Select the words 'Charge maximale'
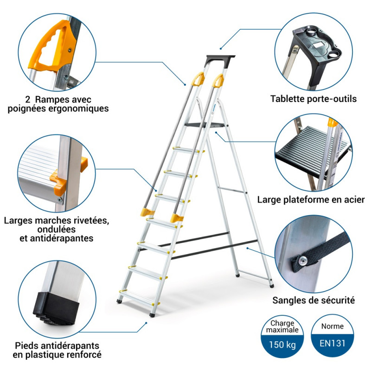pyautogui.click(x=282, y=327)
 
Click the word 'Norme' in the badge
pyautogui.click(x=333, y=326)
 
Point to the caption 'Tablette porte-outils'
pyautogui.click(x=313, y=99)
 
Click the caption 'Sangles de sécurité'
pyautogui.click(x=313, y=301)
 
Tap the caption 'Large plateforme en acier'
pyautogui.click(x=311, y=200)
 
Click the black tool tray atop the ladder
pyautogui.click(x=220, y=59)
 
